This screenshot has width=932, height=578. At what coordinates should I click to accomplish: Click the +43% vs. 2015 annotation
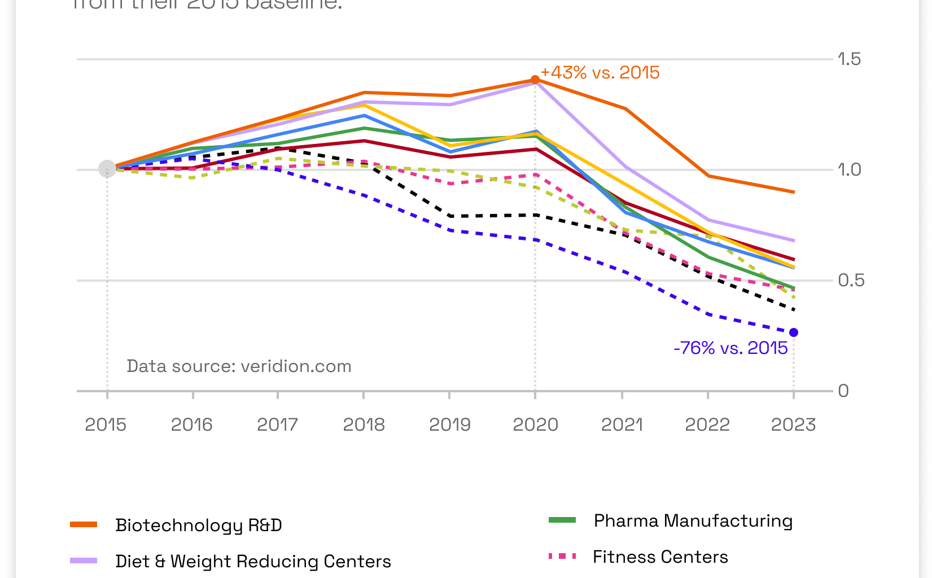tap(600, 73)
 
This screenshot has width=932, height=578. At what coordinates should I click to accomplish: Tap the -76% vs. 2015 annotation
tap(730, 348)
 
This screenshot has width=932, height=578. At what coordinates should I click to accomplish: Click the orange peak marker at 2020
tap(535, 80)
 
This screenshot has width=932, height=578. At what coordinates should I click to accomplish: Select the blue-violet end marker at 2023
tap(794, 332)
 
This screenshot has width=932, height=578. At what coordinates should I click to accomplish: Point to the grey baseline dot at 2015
tap(107, 168)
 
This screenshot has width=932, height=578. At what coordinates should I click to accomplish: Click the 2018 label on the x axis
tap(364, 424)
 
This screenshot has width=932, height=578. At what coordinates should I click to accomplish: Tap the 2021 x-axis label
tap(622, 424)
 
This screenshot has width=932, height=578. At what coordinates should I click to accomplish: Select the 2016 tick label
tap(192, 424)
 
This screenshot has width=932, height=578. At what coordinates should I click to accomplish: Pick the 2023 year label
tap(793, 424)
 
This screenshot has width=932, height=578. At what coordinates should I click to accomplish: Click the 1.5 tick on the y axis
tap(849, 59)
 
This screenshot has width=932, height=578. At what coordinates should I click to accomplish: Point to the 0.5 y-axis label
tap(851, 281)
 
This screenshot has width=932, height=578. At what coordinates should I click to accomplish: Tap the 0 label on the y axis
tap(843, 391)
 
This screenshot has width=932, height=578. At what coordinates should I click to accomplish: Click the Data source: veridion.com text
tap(239, 366)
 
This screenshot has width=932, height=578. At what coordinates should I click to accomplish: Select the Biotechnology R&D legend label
tap(199, 526)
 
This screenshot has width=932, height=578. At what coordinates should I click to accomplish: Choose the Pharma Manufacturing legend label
tap(693, 521)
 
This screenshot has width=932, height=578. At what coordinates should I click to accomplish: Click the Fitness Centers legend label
tap(660, 557)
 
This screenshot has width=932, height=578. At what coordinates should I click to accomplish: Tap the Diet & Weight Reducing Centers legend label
tap(253, 562)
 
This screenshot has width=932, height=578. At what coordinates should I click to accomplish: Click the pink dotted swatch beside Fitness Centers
tap(562, 557)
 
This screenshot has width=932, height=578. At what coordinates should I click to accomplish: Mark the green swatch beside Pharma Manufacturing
tap(562, 520)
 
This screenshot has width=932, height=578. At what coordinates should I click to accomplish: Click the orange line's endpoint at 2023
tap(794, 192)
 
